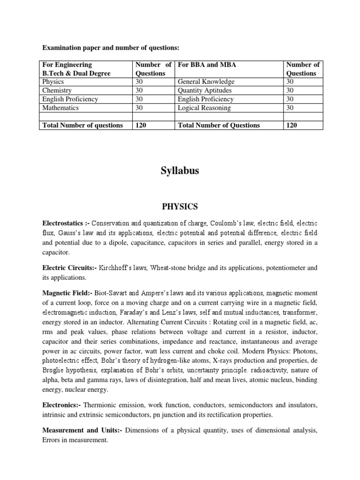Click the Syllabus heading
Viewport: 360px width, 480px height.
pyautogui.click(x=180, y=171)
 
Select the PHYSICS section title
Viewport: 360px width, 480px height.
pyautogui.click(x=180, y=206)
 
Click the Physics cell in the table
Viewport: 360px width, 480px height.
pyautogui.click(x=53, y=82)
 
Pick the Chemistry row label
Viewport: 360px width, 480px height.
pyautogui.click(x=57, y=90)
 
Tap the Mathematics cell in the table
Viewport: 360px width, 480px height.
pyautogui.click(x=60, y=108)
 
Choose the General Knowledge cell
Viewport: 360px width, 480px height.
pyautogui.click(x=204, y=82)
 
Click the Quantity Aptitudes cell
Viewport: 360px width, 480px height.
pyautogui.click(x=205, y=90)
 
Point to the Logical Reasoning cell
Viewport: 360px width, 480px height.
pyautogui.click(x=204, y=108)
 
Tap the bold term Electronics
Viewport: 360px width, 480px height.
pyautogui.click(x=60, y=404)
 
